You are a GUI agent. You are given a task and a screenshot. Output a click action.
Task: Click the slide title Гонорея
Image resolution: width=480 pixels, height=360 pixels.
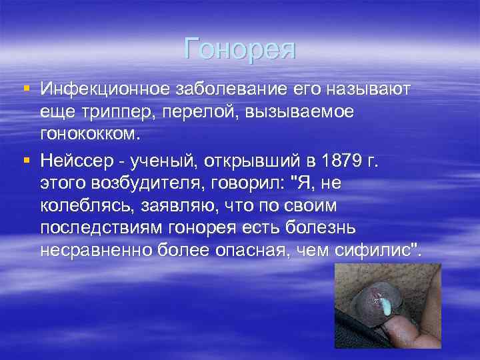[240, 49]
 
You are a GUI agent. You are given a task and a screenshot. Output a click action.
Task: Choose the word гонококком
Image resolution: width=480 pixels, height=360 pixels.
[91, 134]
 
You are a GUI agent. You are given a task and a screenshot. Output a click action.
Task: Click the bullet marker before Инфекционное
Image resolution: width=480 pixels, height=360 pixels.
[26, 89]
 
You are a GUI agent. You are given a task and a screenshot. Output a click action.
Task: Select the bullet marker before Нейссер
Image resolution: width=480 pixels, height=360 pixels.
[26, 159]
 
